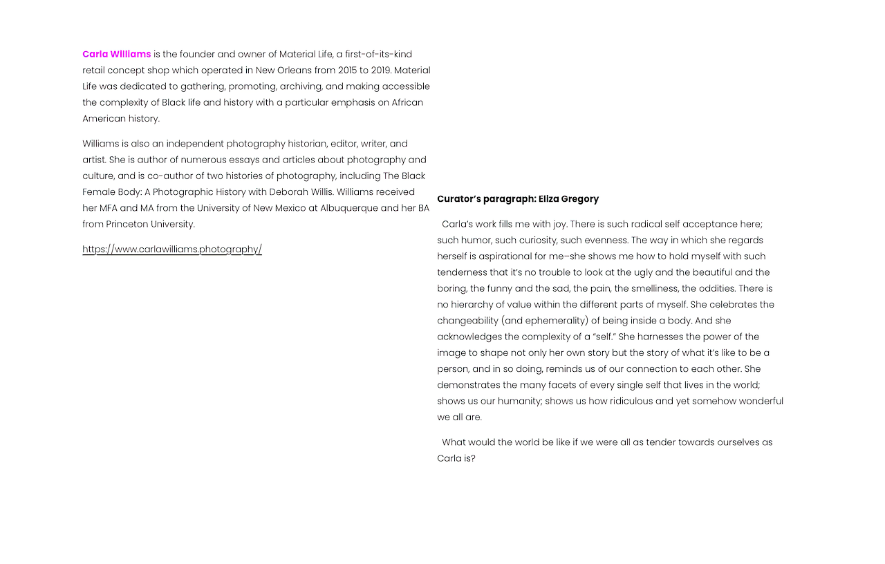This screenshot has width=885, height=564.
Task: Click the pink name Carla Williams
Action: (116, 54)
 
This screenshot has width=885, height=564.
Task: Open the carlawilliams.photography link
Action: (172, 250)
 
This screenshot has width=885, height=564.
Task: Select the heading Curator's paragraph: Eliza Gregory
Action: (518, 199)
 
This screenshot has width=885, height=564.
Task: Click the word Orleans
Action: (294, 70)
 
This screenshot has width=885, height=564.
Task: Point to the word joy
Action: (559, 224)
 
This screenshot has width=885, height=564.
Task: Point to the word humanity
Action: (518, 401)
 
